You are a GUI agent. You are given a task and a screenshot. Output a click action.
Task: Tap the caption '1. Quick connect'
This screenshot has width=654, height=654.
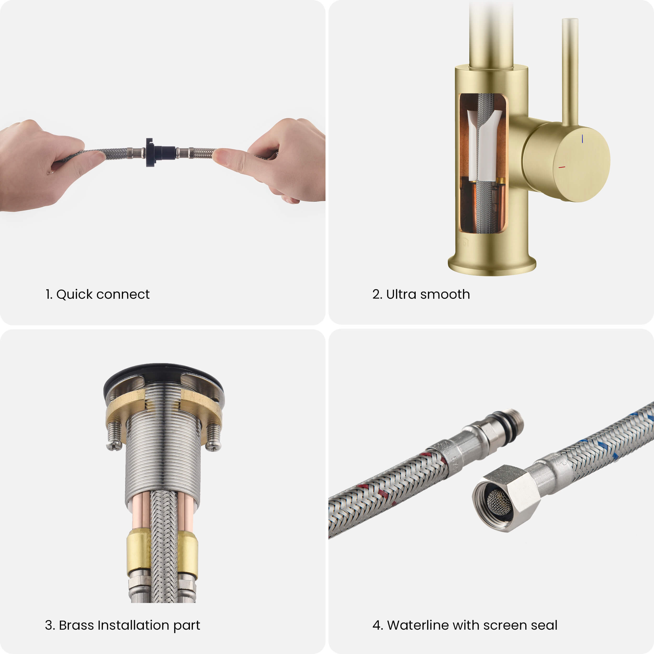pos(98,294)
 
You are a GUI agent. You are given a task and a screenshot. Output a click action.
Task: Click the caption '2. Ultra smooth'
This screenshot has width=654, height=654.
pos(421,294)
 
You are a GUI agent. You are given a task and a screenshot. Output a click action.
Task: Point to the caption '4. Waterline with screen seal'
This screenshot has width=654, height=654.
pos(465,625)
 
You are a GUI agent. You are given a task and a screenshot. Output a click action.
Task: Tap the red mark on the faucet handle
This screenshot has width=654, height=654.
pos(562,167)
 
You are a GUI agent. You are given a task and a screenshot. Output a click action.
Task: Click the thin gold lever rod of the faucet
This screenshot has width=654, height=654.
pos(570,71)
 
